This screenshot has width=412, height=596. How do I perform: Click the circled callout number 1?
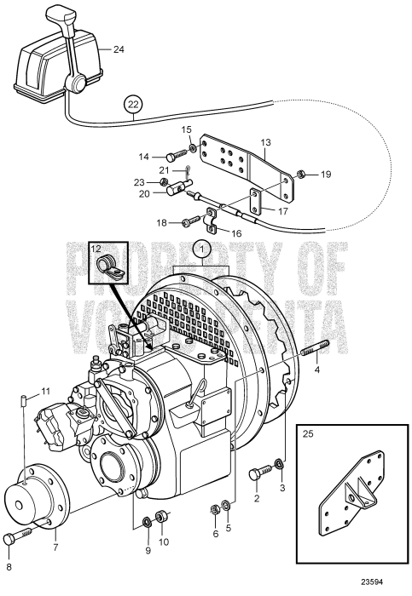201,249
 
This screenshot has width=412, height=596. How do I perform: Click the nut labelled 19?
303,175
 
